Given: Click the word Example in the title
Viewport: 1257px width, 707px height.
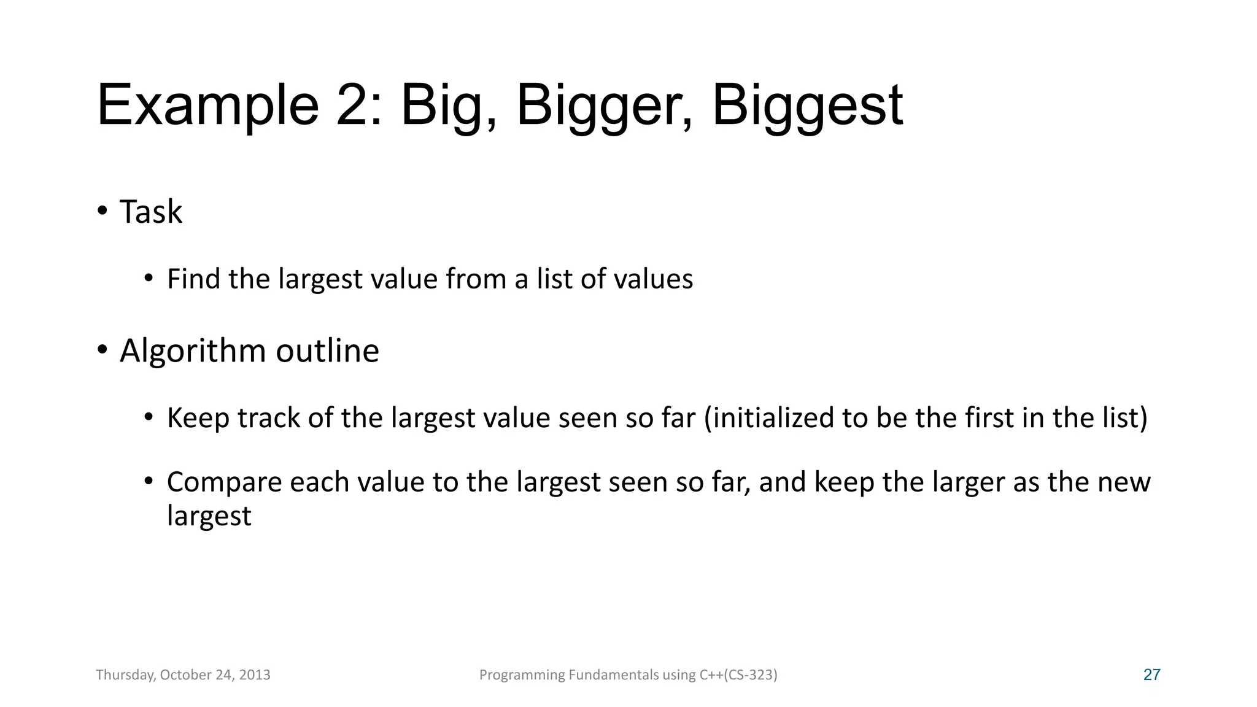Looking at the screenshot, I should [x=207, y=106].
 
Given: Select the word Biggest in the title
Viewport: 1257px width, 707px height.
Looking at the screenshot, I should [x=807, y=106].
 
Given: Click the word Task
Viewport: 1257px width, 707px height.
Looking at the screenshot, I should [x=151, y=212].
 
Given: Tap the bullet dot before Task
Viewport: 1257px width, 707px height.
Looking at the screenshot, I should [x=102, y=211].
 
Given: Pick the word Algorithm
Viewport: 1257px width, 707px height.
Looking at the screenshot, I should [x=193, y=352].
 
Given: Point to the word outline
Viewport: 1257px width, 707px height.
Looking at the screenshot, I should [x=327, y=350].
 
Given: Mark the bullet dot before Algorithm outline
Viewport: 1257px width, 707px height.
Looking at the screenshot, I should [x=102, y=350].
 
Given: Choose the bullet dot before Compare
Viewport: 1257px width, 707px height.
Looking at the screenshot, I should [x=149, y=481].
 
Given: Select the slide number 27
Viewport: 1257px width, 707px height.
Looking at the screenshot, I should [x=1151, y=675].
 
